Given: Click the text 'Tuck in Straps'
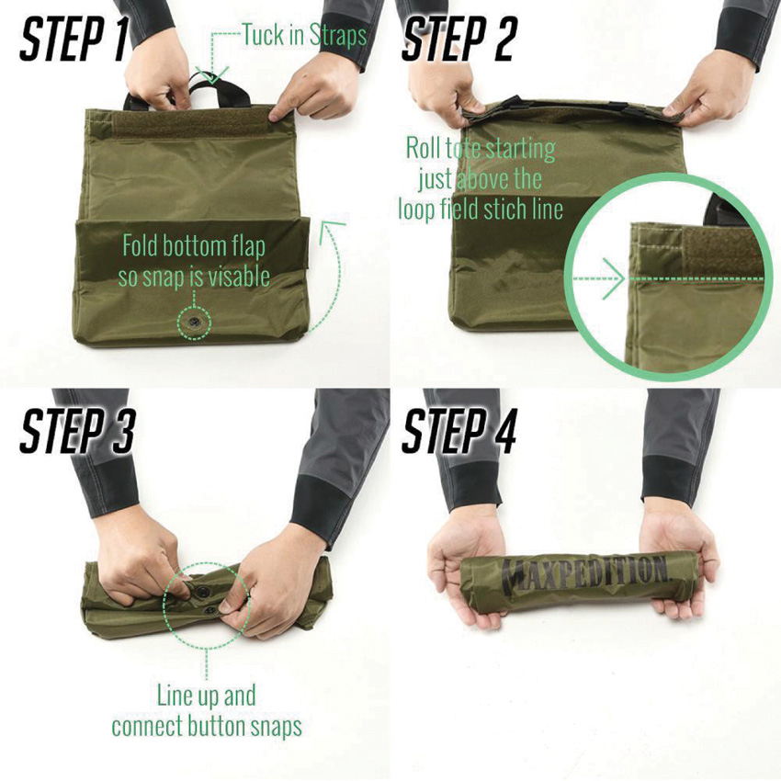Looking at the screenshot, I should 304,36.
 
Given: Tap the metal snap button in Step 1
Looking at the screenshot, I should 195,323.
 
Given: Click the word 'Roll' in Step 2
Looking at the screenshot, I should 424,147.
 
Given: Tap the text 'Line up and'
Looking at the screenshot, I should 207,695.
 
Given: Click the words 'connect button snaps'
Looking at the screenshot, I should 207,726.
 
